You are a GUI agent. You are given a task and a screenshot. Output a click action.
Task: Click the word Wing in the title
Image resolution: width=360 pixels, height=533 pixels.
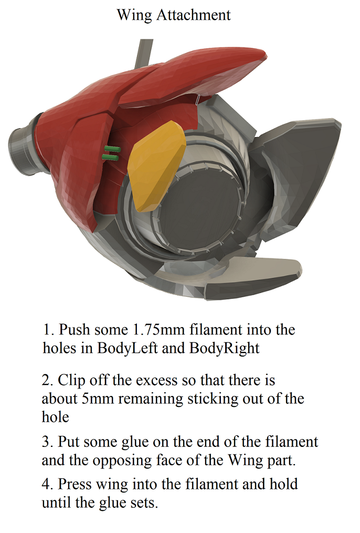[x=134, y=15]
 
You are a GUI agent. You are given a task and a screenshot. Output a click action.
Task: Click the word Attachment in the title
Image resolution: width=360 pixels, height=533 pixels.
[x=194, y=15]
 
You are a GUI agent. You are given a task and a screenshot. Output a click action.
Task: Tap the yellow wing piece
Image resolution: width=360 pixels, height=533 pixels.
[x=157, y=166]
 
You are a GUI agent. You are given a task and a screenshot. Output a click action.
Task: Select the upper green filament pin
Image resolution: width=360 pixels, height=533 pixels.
[x=112, y=149]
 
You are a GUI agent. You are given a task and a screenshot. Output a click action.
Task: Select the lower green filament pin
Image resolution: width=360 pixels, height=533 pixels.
[x=111, y=156]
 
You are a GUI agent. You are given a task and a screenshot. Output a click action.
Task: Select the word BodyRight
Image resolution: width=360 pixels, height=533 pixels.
[x=224, y=348]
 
